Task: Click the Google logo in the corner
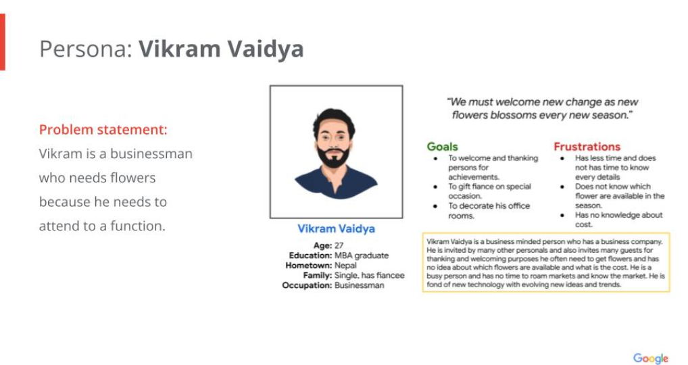click(x=651, y=358)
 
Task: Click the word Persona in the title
click(x=86, y=49)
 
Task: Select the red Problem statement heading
click(x=103, y=129)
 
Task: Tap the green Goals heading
click(x=442, y=147)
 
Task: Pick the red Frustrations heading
click(x=587, y=147)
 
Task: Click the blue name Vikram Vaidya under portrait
click(x=336, y=228)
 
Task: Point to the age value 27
click(x=339, y=245)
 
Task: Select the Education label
click(x=310, y=255)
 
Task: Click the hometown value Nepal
click(x=345, y=266)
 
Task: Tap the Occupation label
click(x=307, y=285)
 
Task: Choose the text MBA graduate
click(x=362, y=255)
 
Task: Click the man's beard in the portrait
click(x=335, y=157)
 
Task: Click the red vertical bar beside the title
click(x=2, y=42)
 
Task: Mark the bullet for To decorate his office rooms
click(x=435, y=206)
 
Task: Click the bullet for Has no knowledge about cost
click(x=562, y=216)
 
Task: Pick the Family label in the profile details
click(x=317, y=276)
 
